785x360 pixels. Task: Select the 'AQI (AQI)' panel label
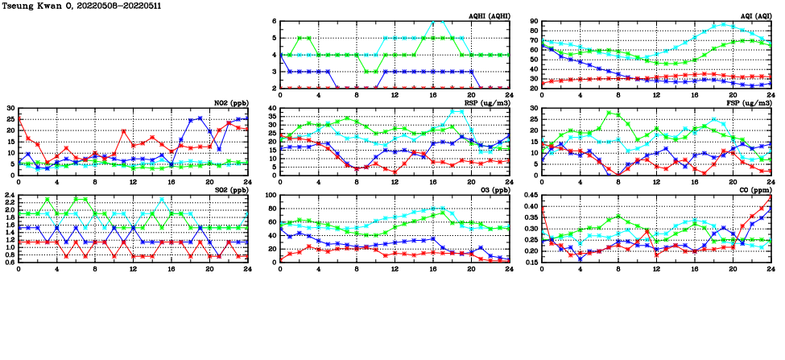click(755, 16)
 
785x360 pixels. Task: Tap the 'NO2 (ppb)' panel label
click(231, 103)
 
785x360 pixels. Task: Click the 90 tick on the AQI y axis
click(533, 22)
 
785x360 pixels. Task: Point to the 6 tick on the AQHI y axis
click(275, 22)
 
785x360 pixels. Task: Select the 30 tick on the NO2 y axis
click(10, 108)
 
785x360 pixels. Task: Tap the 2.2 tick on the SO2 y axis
click(8, 200)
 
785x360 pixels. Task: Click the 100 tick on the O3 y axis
click(270, 196)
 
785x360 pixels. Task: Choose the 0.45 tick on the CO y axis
click(529, 196)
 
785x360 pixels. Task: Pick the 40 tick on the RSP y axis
click(272, 109)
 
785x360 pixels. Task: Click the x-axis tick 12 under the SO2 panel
click(133, 267)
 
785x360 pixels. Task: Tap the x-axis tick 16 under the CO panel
click(694, 267)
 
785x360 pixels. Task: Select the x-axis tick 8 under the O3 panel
click(357, 267)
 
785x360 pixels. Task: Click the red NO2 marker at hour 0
click(19, 118)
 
